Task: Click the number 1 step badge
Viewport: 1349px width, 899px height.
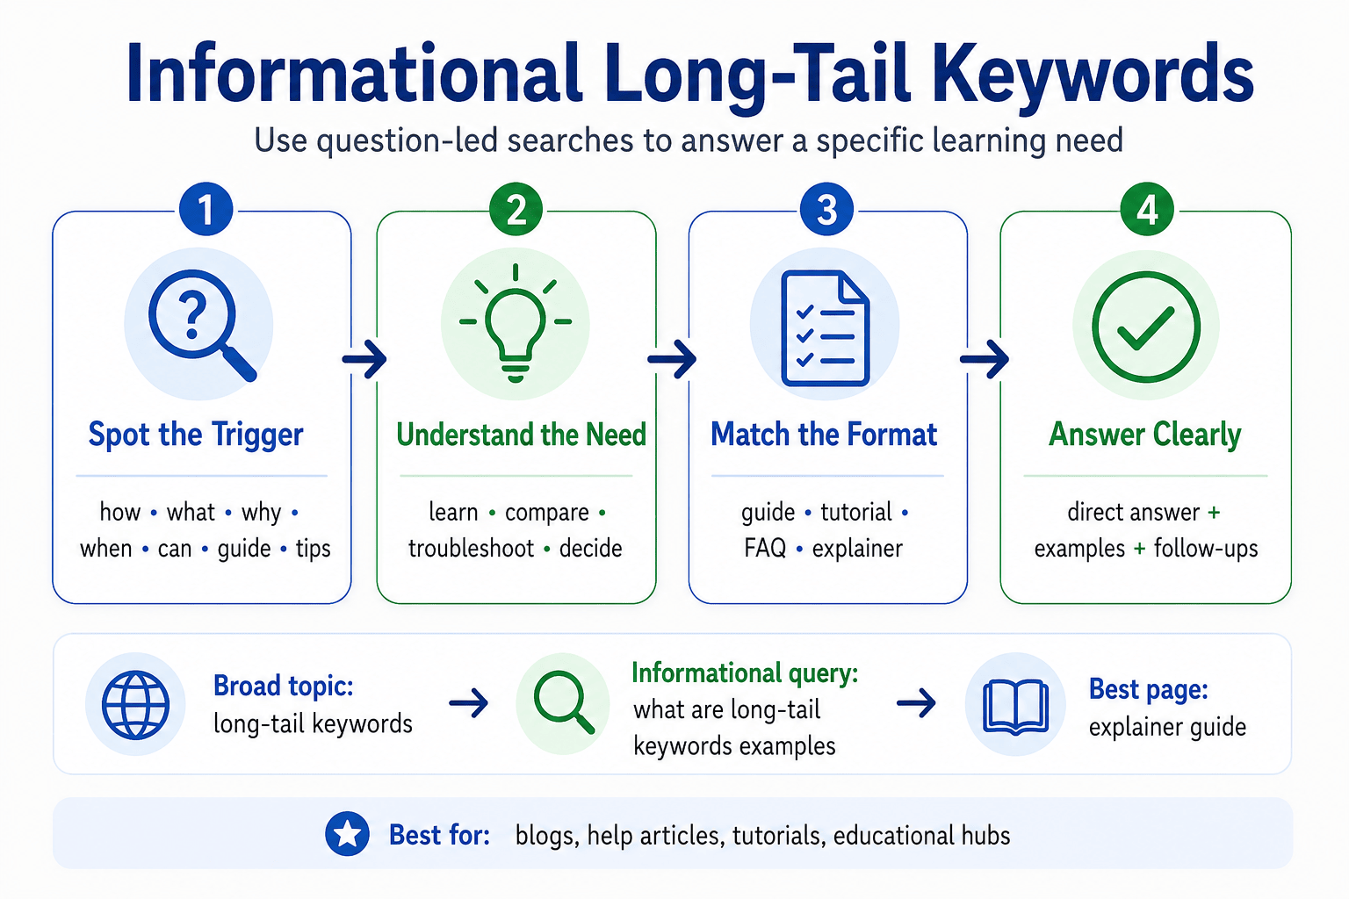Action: [x=206, y=209]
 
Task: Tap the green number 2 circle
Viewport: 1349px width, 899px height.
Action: [x=516, y=209]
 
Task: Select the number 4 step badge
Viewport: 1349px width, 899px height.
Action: [x=1147, y=209]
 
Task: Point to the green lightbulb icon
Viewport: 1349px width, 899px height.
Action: [x=516, y=323]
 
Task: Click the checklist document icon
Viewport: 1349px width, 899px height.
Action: [x=825, y=328]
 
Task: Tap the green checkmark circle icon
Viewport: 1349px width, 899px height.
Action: [x=1146, y=327]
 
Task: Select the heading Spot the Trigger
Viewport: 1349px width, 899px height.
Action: [x=196, y=435]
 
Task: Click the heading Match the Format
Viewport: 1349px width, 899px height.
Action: [x=824, y=435]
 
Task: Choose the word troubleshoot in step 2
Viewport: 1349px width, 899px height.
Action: [x=471, y=549]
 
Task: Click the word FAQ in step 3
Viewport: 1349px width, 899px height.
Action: [x=765, y=548]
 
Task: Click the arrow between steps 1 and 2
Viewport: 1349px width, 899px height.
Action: [x=364, y=359]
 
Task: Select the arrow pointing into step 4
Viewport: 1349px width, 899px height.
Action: [x=984, y=359]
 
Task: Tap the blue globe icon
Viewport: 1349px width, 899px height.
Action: [x=135, y=704]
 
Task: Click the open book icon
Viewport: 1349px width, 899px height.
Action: [x=1015, y=707]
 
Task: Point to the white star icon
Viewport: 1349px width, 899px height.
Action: [x=348, y=834]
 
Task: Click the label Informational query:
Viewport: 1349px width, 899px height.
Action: [x=745, y=673]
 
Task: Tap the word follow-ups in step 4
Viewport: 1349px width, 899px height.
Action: [x=1206, y=549]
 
